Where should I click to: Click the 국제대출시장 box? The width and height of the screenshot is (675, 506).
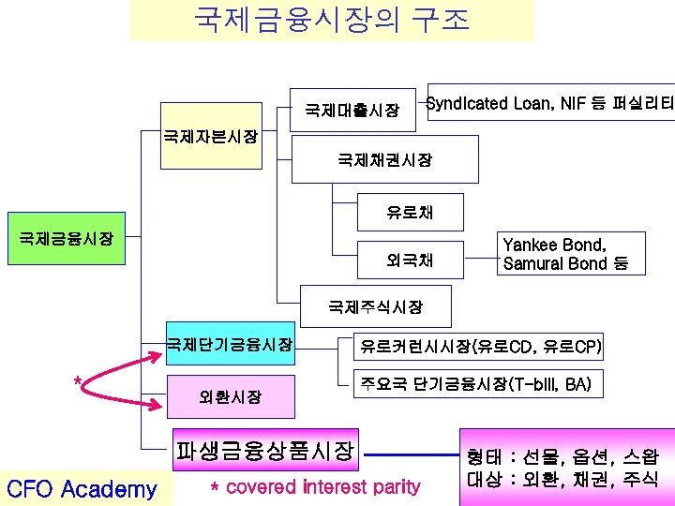(352, 111)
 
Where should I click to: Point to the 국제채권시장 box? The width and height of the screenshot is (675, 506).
(384, 160)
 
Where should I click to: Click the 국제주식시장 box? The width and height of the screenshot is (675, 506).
(375, 306)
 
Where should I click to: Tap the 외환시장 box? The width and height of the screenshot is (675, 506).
(230, 397)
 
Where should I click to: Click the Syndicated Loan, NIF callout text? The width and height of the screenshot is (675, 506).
(549, 103)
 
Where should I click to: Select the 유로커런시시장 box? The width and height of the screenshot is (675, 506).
(477, 348)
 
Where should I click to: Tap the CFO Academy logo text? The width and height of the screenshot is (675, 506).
(82, 488)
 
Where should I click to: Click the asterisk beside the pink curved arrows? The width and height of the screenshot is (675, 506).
(78, 381)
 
